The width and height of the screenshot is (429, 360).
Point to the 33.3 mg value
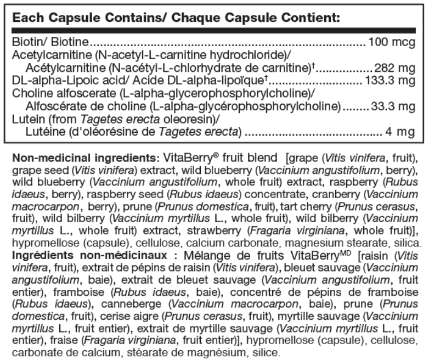(x=393, y=105)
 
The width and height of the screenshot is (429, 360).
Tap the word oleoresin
(x=196, y=120)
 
